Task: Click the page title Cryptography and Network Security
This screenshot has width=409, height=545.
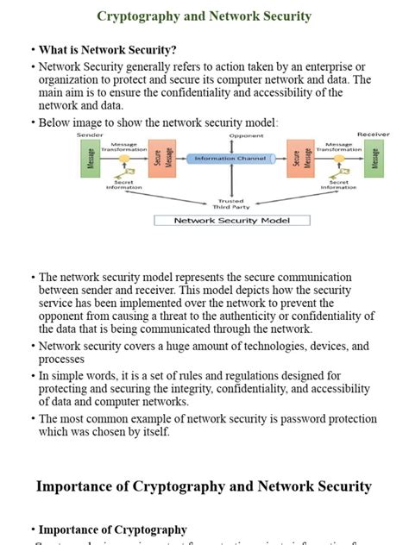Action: point(204,16)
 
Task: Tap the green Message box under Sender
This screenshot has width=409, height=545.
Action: point(87,160)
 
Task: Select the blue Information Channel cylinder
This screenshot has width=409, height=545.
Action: point(229,159)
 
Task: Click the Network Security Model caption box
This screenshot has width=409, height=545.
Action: point(230,220)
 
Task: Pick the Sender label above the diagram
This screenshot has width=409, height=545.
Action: point(90,135)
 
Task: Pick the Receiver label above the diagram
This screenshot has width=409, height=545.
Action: point(373,135)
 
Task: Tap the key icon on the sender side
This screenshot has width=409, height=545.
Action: point(124,160)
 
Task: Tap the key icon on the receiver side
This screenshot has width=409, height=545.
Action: point(337,160)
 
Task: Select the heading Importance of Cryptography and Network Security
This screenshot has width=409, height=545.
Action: point(204,486)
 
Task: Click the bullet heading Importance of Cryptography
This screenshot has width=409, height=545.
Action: point(112,529)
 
